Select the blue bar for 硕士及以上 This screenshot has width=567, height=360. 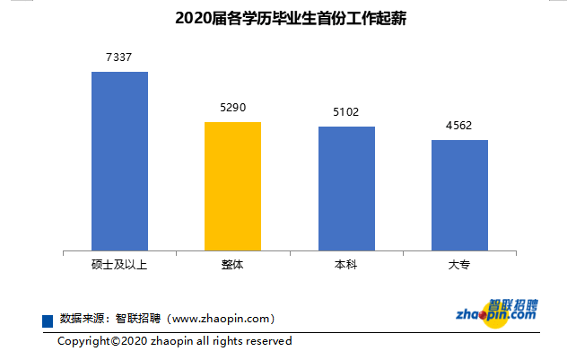119,161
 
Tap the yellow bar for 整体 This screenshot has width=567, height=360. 232,186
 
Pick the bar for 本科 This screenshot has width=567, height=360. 346,189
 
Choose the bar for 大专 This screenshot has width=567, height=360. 459,195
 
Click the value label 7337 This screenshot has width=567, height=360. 119,57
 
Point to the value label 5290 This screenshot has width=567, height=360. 232,108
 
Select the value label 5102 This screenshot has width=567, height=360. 346,112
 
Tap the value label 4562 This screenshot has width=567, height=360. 459,126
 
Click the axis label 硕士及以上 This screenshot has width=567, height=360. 119,266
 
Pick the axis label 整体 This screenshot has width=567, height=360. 232,266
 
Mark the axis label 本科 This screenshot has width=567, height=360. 346,266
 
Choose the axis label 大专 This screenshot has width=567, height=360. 459,266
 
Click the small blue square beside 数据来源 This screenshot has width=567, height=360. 48,320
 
